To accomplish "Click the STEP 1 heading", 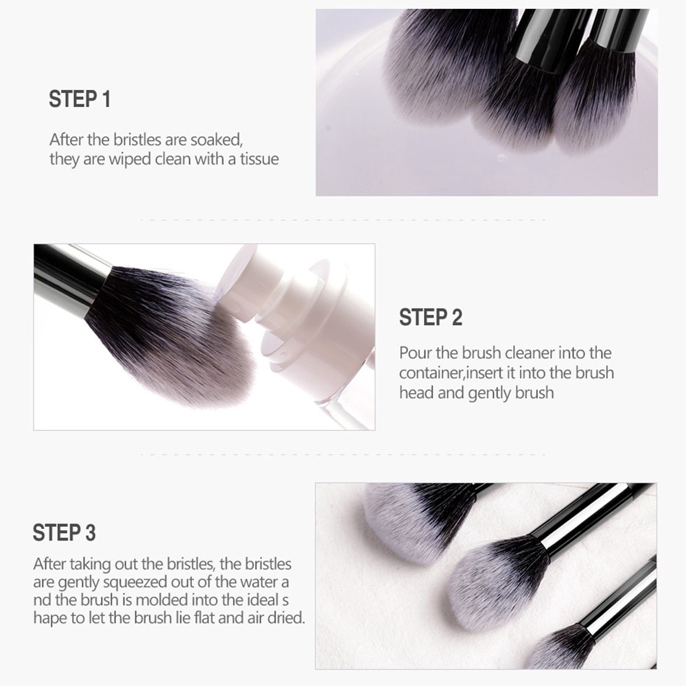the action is point(80,99).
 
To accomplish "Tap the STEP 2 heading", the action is point(431,317).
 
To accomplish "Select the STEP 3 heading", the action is point(64,532).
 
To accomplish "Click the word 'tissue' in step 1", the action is point(259,159).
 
